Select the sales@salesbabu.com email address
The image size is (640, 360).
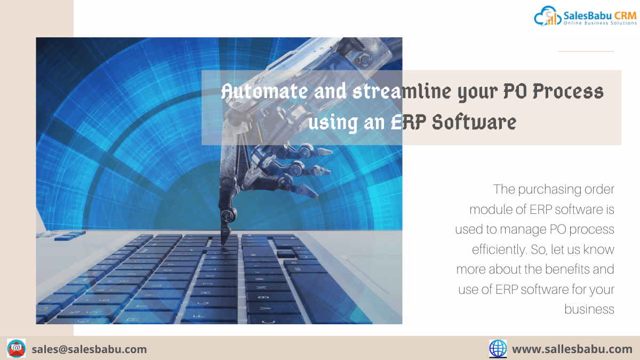pyautogui.click(x=90, y=349)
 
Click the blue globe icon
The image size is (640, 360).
pyautogui.click(x=498, y=349)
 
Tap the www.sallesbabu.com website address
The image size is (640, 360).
pyautogui.click(x=572, y=349)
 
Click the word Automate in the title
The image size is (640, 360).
pyautogui.click(x=265, y=91)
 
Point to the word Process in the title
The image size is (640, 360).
pyautogui.click(x=568, y=91)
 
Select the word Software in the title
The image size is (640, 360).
pyautogui.click(x=474, y=122)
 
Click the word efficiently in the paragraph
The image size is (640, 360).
pyautogui.click(x=499, y=249)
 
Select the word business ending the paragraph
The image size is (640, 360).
pyautogui.click(x=589, y=309)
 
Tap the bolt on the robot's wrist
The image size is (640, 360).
pyautogui.click(x=365, y=59)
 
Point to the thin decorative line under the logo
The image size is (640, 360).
pyautogui.click(x=586, y=51)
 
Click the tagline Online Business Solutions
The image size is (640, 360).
pyautogui.click(x=600, y=23)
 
